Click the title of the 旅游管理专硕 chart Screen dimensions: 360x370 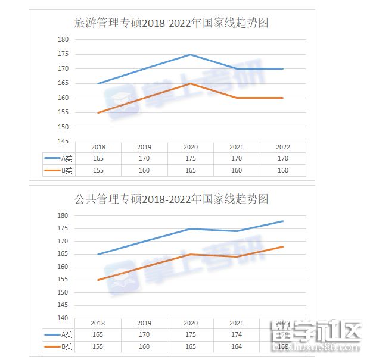click(171, 23)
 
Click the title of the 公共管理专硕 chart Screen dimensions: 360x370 click(171, 198)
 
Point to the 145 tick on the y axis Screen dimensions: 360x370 click(63, 142)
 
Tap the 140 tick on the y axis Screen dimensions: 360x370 click(63, 318)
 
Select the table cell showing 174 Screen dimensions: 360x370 click(237, 334)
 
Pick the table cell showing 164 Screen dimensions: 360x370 click(237, 346)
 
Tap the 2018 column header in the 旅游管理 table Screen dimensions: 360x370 click(98, 147)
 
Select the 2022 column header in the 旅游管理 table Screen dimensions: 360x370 click(283, 147)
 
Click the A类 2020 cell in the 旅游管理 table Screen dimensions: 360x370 click(191, 159)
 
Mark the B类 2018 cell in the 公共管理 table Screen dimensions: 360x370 click(98, 346)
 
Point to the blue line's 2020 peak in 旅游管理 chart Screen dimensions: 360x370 click(191, 54)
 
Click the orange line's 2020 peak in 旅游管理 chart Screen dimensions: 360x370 click(191, 83)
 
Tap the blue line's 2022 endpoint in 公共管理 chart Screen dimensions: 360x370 click(283, 221)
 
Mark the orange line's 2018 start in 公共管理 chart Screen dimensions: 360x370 click(98, 280)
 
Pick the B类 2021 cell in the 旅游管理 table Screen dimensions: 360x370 click(237, 170)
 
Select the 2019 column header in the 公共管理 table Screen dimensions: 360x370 click(144, 323)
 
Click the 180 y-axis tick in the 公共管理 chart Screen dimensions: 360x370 click(63, 215)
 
